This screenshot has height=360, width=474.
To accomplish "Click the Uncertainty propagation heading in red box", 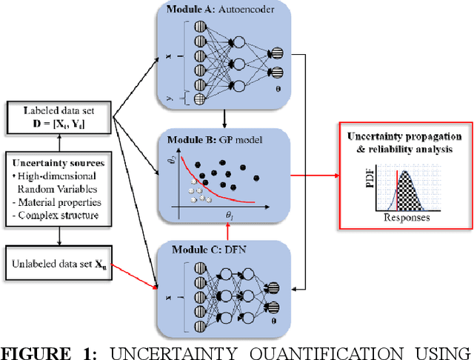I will click(404, 142).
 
